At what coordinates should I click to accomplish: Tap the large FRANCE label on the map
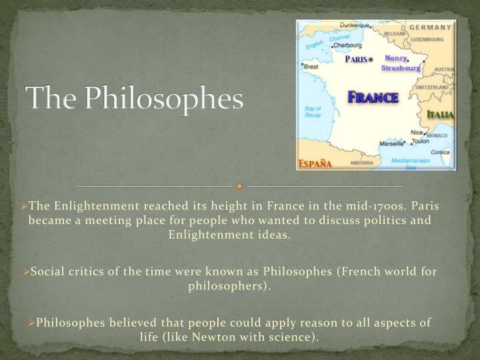(373, 97)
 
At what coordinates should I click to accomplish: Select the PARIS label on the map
(357, 59)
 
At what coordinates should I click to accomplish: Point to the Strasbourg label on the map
(401, 68)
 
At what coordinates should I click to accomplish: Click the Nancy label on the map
(395, 58)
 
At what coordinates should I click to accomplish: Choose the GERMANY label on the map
(430, 27)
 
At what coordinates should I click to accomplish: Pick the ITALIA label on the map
(441, 115)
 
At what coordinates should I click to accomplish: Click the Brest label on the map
(311, 67)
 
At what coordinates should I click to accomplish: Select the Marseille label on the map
(391, 143)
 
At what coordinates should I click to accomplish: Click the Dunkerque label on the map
(355, 25)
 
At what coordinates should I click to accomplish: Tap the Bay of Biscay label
(313, 111)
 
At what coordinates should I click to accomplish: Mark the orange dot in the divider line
(240, 186)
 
